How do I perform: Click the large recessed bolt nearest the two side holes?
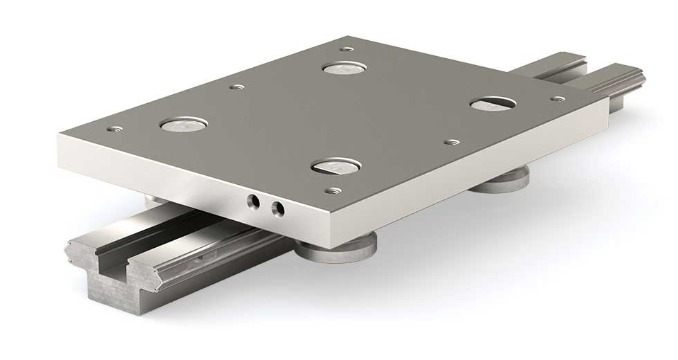(x=335, y=165)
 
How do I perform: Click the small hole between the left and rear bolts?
(x=237, y=87)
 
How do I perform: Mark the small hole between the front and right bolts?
(x=451, y=141)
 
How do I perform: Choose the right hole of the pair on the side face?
(x=278, y=207)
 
